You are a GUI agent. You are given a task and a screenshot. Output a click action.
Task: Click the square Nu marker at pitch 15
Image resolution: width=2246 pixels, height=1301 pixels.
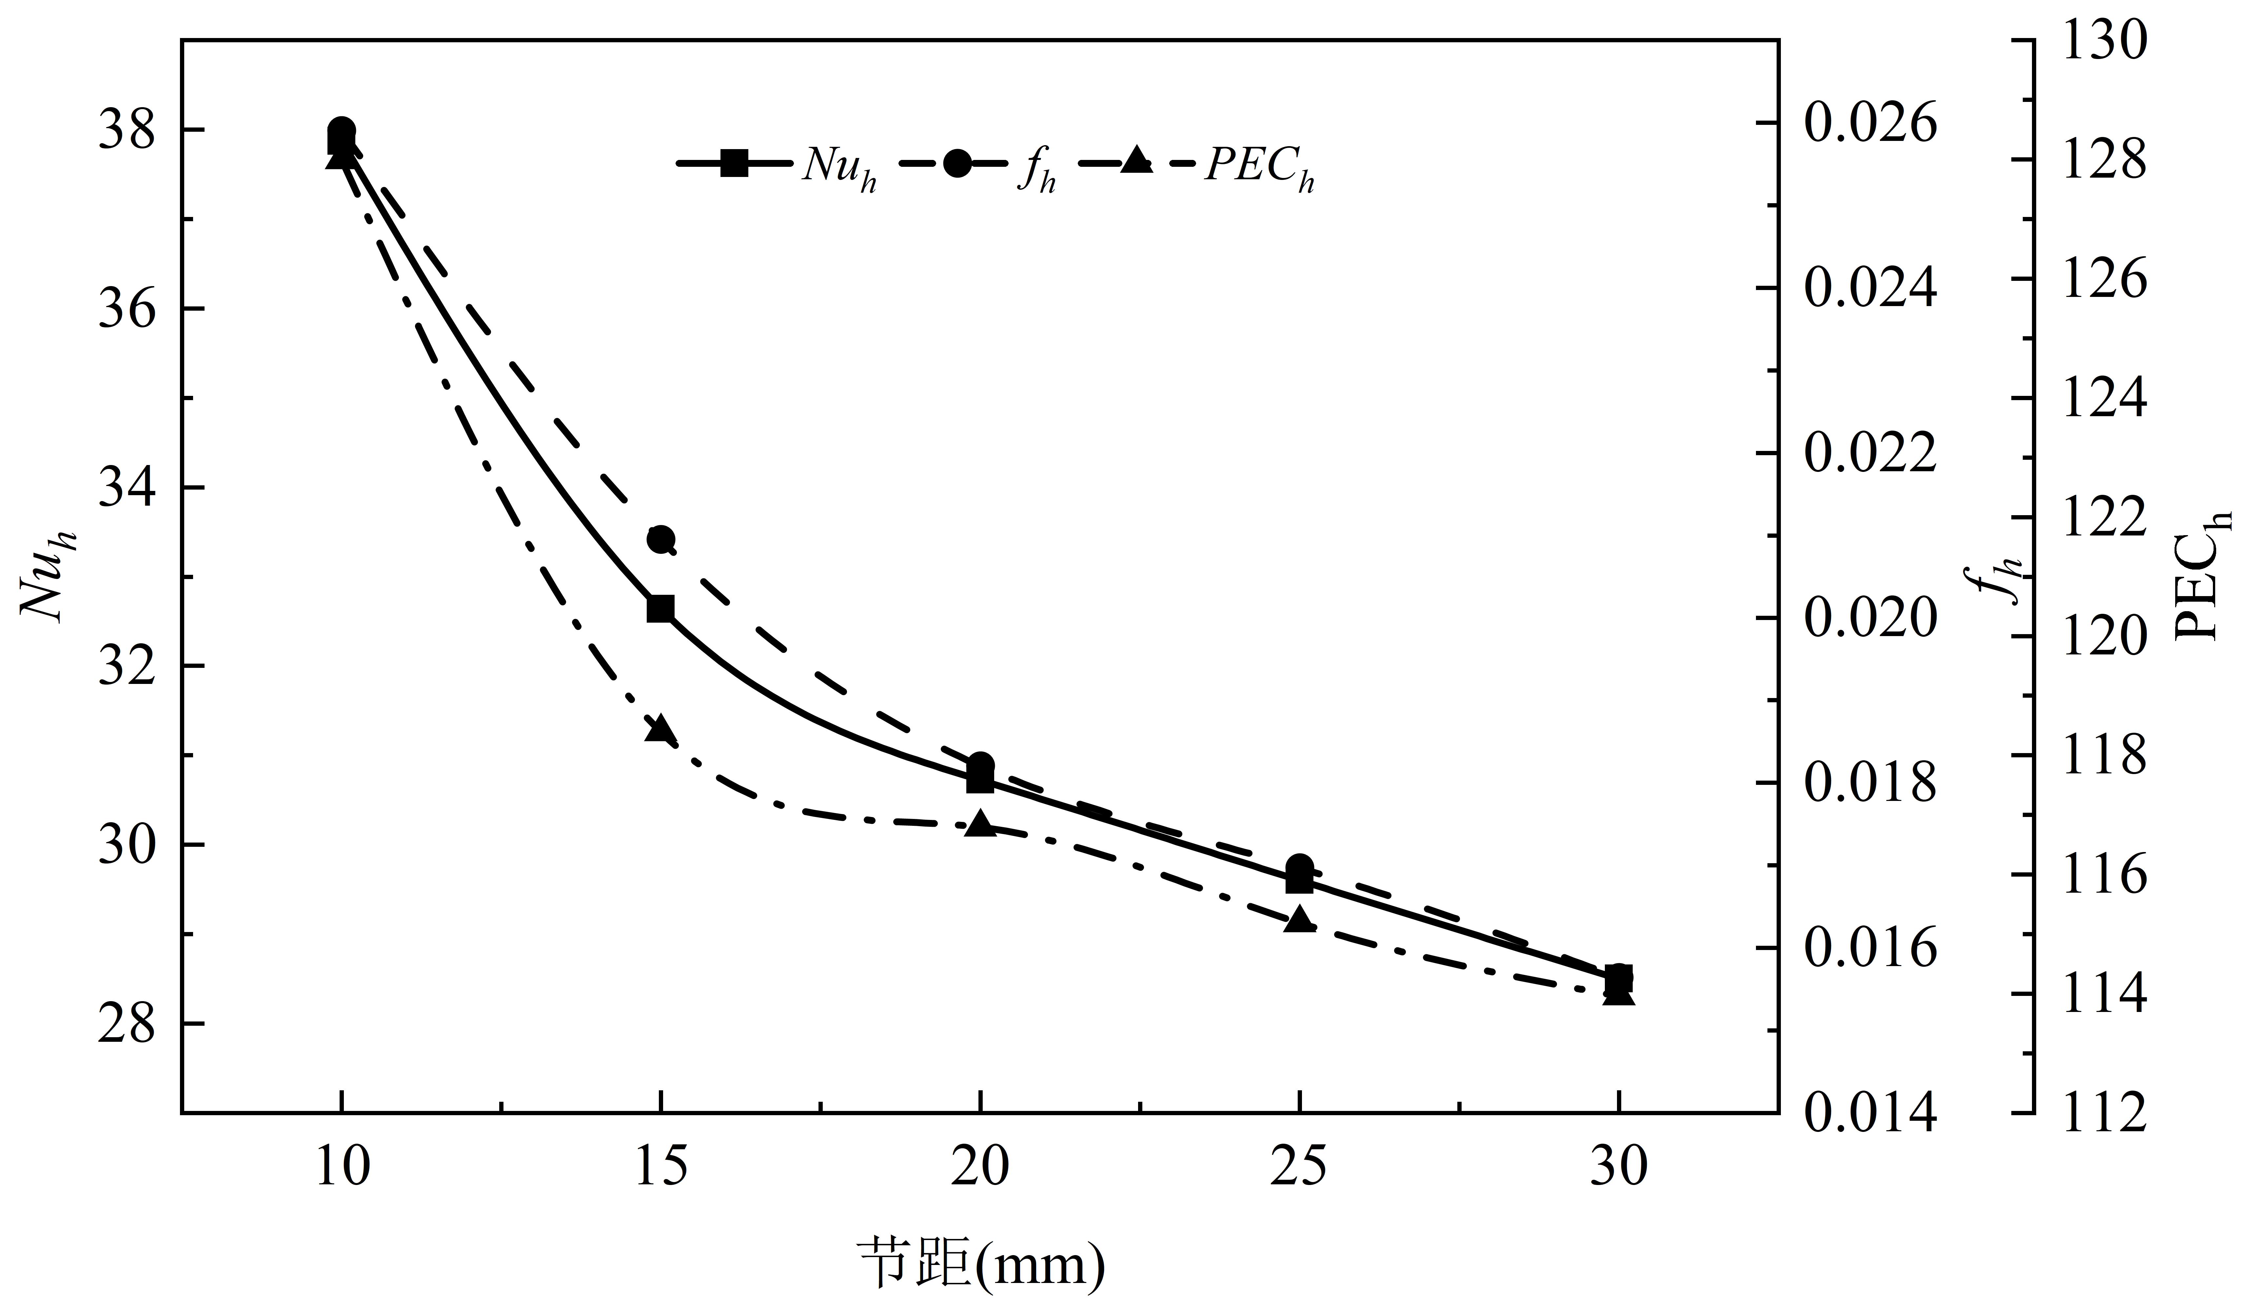tap(660, 609)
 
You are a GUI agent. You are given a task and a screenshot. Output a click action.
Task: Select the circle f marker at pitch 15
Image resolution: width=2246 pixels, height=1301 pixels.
tap(660, 539)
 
